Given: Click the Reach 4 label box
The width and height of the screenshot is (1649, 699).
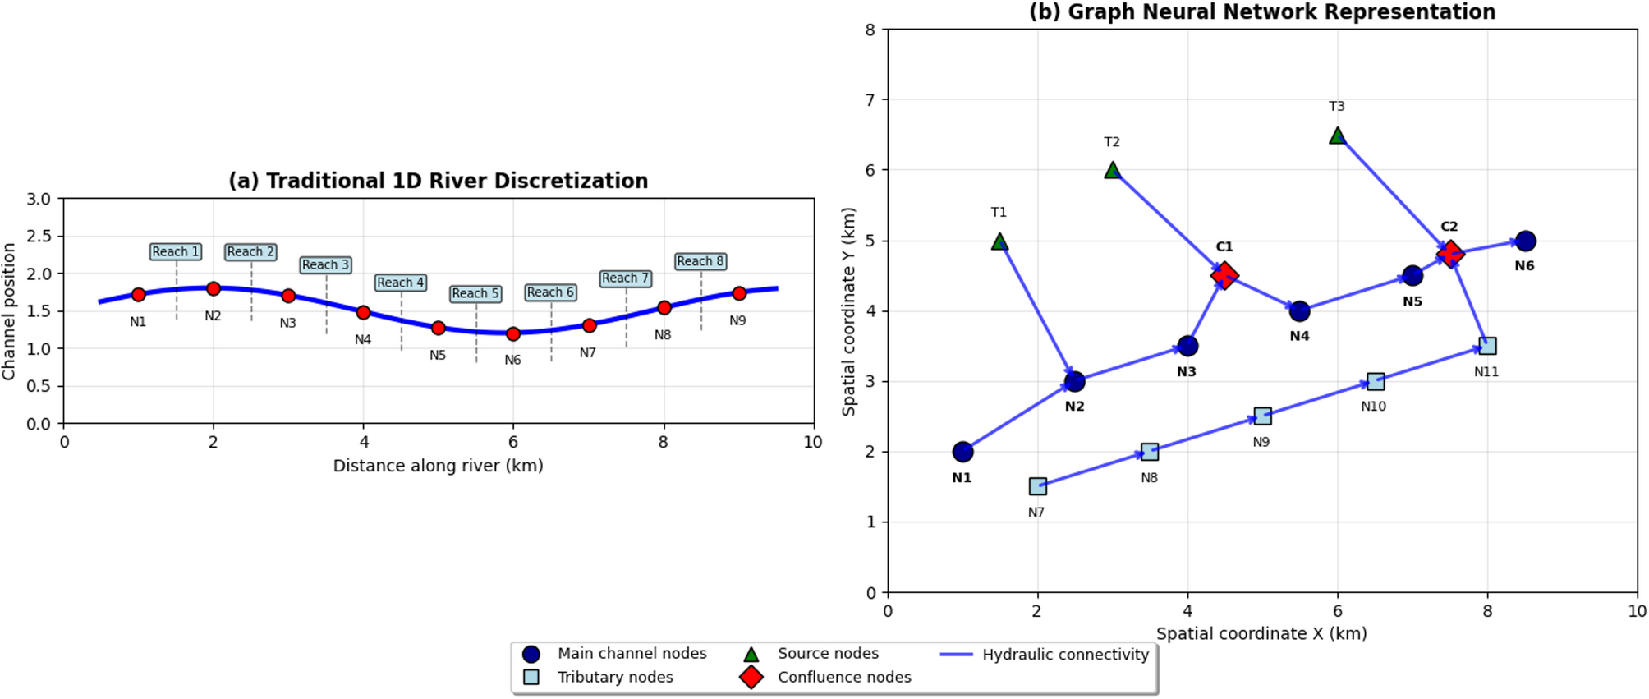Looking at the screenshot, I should (x=401, y=283).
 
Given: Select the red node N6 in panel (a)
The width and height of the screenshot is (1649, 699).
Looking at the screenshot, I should (x=513, y=334).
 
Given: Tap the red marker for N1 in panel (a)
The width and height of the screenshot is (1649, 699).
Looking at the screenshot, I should (x=138, y=295).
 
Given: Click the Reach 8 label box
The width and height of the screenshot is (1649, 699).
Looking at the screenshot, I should (x=700, y=261).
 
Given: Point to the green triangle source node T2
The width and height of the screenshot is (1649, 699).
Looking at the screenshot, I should (x=1113, y=171).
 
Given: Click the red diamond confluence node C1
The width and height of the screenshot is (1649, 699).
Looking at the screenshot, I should (x=1224, y=275).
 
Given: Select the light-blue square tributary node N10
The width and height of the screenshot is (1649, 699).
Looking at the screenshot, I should (x=1376, y=381).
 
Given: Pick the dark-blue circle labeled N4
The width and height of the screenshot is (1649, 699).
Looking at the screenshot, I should (x=1299, y=311).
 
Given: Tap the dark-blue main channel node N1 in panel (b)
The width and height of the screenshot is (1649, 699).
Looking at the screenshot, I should (x=962, y=452).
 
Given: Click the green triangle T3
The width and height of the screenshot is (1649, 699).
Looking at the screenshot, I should (x=1337, y=136).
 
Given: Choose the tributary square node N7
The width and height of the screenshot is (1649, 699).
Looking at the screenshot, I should (x=1037, y=486).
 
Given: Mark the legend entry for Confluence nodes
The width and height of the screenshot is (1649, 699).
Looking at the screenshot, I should (x=843, y=678).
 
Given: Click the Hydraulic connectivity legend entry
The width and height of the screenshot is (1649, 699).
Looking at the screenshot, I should (x=1064, y=655).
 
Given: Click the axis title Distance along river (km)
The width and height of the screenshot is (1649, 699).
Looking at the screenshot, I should (x=438, y=466).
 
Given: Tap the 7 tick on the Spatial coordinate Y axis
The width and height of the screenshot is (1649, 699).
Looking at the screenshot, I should (x=870, y=100).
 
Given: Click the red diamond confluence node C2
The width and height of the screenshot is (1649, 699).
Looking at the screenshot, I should (x=1450, y=254).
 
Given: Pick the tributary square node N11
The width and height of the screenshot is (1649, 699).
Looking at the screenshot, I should (x=1487, y=346).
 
